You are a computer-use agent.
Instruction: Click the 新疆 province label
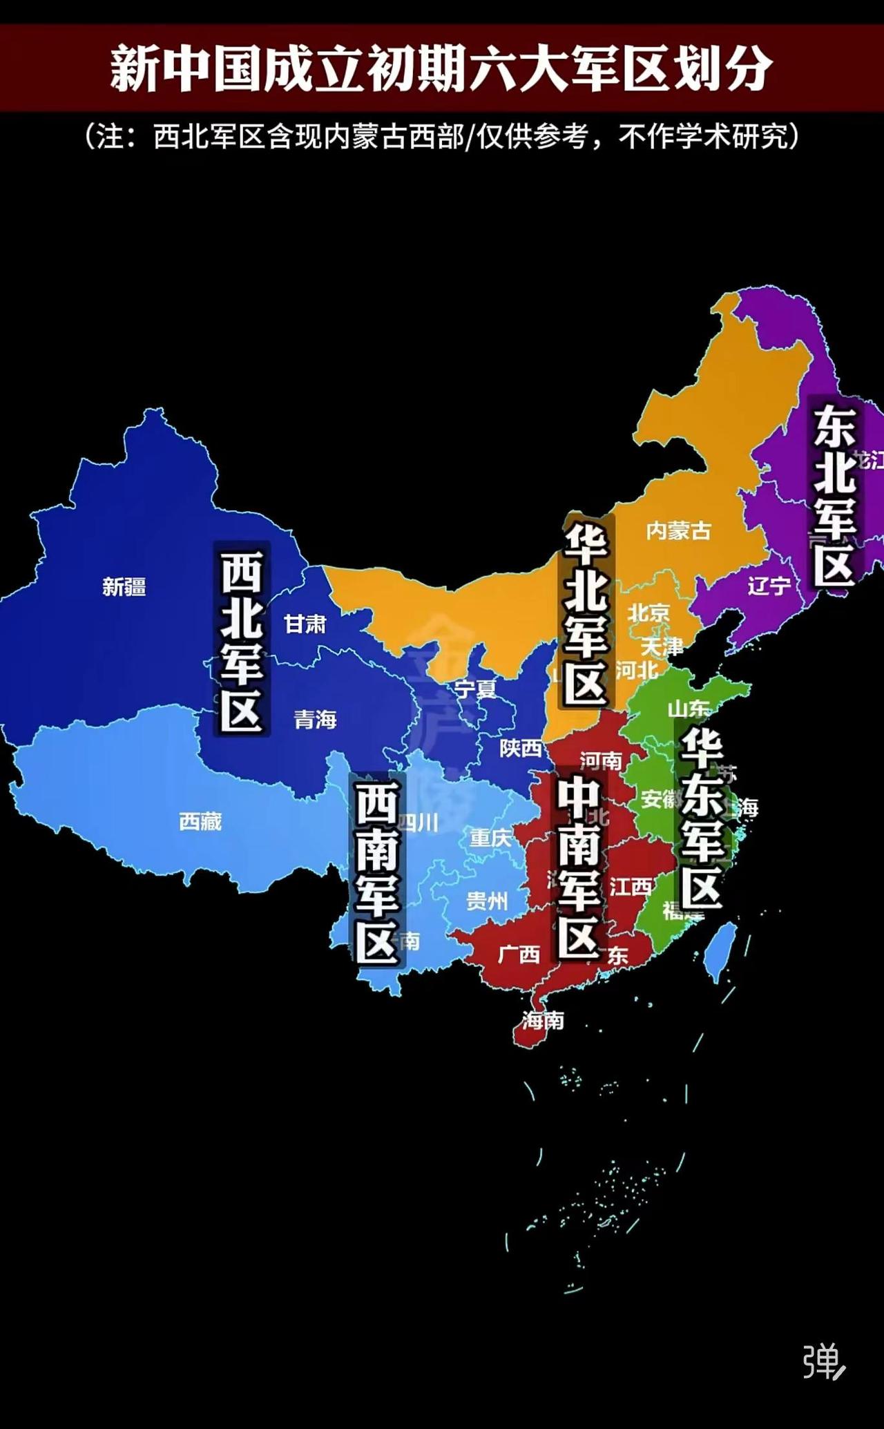coord(124,587)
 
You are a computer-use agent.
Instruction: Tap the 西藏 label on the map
coord(200,821)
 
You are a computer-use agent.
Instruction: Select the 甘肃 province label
coord(305,624)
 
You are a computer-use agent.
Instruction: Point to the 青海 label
coord(316,720)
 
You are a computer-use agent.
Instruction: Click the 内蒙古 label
coord(678,530)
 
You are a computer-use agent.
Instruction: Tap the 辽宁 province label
coord(769,586)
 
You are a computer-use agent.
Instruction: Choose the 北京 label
coord(648,613)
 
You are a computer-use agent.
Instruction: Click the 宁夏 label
coord(475,689)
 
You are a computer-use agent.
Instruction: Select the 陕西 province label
coord(521,748)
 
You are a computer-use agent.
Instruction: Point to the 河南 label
coord(601,761)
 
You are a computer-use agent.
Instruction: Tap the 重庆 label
coord(490,838)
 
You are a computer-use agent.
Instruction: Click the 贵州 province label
coord(487,901)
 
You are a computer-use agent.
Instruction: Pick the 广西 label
coord(519,955)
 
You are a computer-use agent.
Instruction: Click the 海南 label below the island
coord(543,1020)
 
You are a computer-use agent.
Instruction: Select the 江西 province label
coord(631,887)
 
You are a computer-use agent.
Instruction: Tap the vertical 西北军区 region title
coord(242,640)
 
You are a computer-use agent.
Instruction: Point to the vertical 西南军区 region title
coord(377,872)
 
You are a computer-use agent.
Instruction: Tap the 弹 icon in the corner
coord(823,1361)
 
